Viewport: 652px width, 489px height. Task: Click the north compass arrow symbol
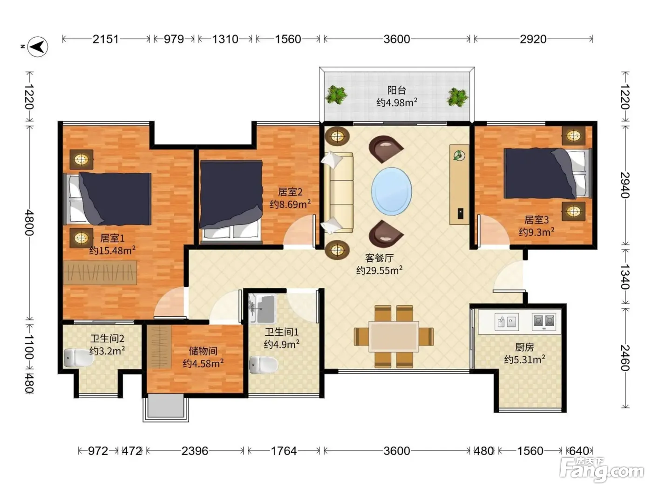(x=38, y=47)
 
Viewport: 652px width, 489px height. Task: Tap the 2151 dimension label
(x=105, y=39)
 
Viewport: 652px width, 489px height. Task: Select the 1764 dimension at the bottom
(x=284, y=451)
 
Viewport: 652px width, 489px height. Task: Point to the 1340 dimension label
(x=625, y=277)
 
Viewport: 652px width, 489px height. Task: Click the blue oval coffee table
(x=392, y=191)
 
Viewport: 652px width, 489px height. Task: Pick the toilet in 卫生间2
(x=78, y=358)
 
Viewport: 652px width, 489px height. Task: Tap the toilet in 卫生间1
(x=264, y=365)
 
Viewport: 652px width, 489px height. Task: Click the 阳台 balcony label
(x=396, y=90)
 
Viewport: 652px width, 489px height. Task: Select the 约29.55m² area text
(x=379, y=271)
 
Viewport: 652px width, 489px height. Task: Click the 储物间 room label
(x=203, y=351)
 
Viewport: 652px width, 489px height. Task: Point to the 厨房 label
(x=524, y=347)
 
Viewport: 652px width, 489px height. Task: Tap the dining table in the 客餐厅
(x=394, y=337)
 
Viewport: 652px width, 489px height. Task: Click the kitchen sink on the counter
(x=506, y=322)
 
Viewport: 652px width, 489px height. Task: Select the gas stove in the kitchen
(x=543, y=322)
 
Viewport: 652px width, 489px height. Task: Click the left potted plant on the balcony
(x=336, y=95)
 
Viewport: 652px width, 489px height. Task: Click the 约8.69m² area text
(x=290, y=204)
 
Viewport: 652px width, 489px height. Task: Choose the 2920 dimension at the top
(x=533, y=39)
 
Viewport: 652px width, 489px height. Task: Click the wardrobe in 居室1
(x=100, y=272)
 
